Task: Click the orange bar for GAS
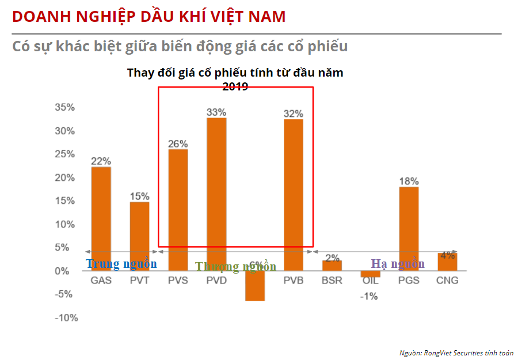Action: (101, 219)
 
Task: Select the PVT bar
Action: (139, 236)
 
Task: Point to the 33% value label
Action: (216, 112)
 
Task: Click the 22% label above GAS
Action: (101, 161)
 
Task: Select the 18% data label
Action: (409, 181)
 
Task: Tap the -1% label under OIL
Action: (370, 296)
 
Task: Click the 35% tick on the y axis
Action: (65, 108)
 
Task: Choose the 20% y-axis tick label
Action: (65, 178)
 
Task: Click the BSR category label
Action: (332, 281)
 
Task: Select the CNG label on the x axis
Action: (447, 281)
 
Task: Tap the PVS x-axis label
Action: (178, 281)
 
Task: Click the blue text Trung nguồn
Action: (121, 264)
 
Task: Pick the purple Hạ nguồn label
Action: (398, 264)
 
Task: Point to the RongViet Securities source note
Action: (456, 353)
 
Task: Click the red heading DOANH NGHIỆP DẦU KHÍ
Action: (149, 16)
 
